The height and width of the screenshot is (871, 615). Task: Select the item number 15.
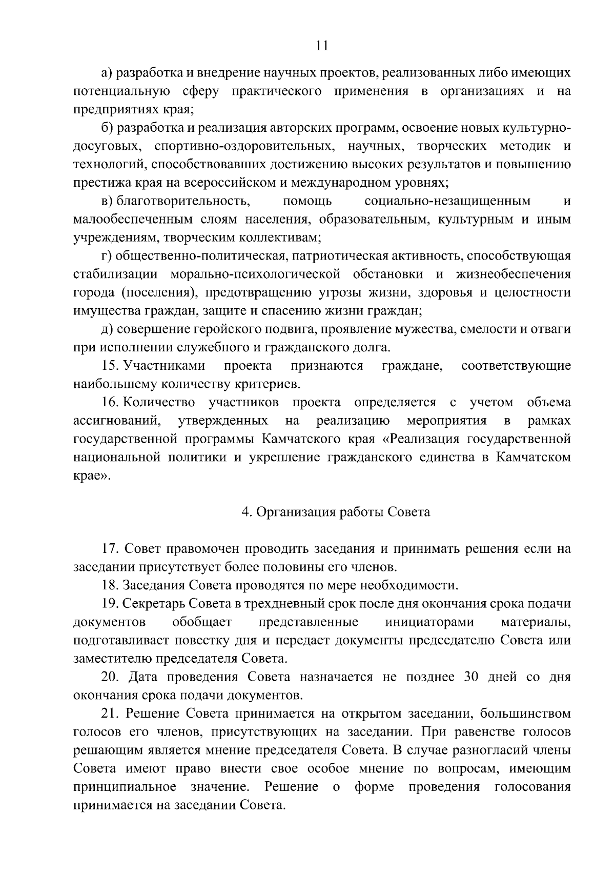tap(110, 366)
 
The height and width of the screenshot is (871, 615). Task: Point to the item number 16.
tap(110, 402)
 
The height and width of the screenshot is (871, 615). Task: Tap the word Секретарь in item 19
tap(154, 604)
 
